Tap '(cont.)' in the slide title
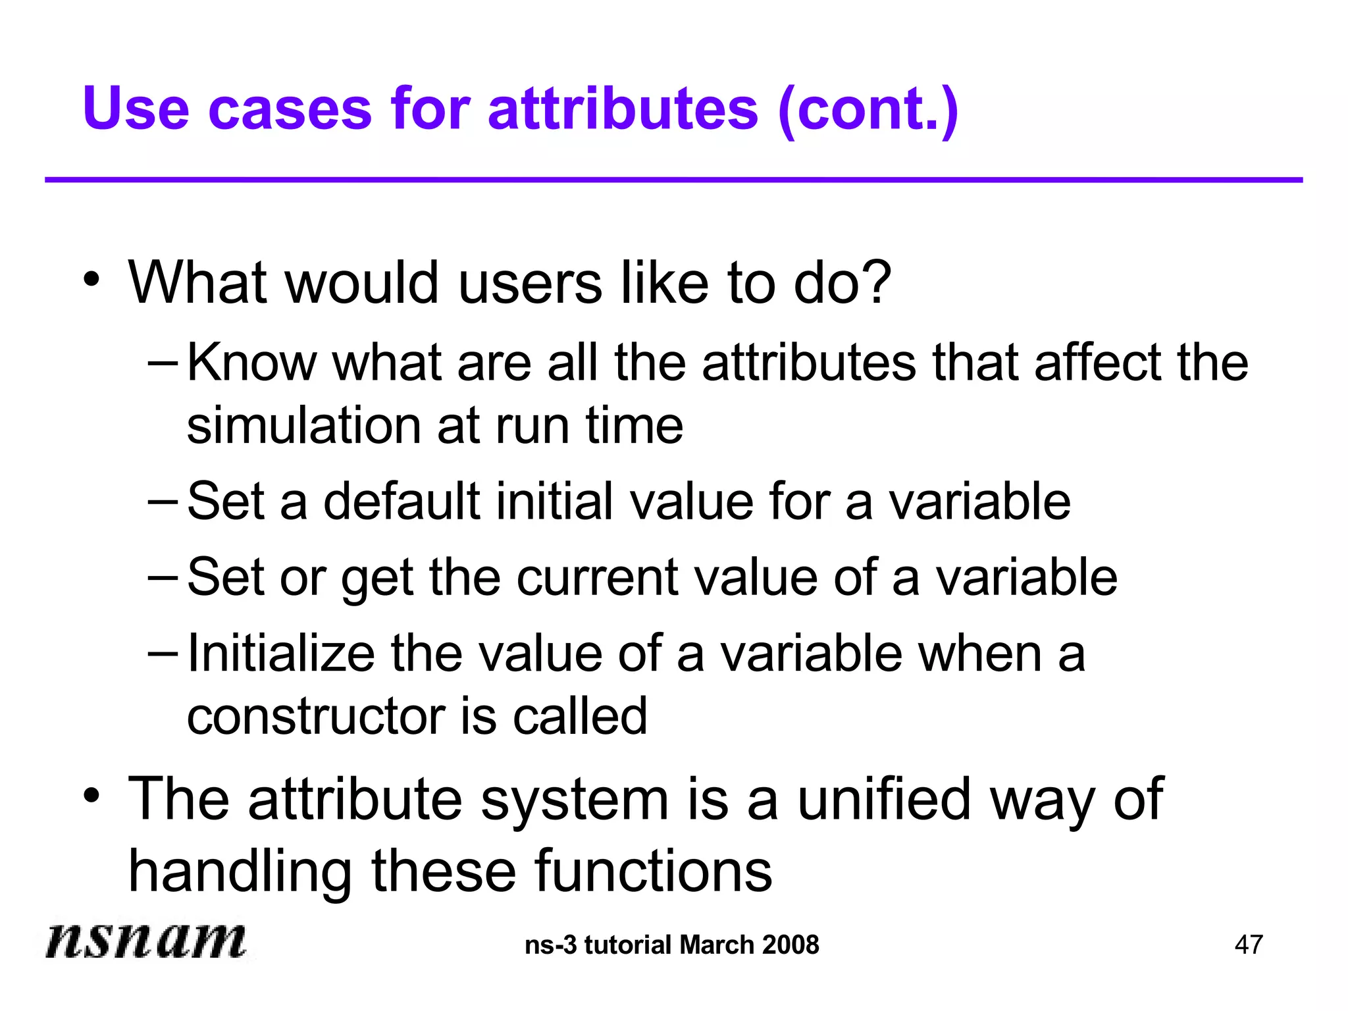[868, 111]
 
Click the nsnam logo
[145, 940]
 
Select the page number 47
[1249, 945]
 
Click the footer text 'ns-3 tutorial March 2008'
[672, 945]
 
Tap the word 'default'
[402, 502]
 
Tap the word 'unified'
[884, 799]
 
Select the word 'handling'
[240, 871]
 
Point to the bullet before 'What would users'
[91, 280]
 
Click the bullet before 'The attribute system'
[91, 796]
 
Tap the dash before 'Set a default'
[163, 500]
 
